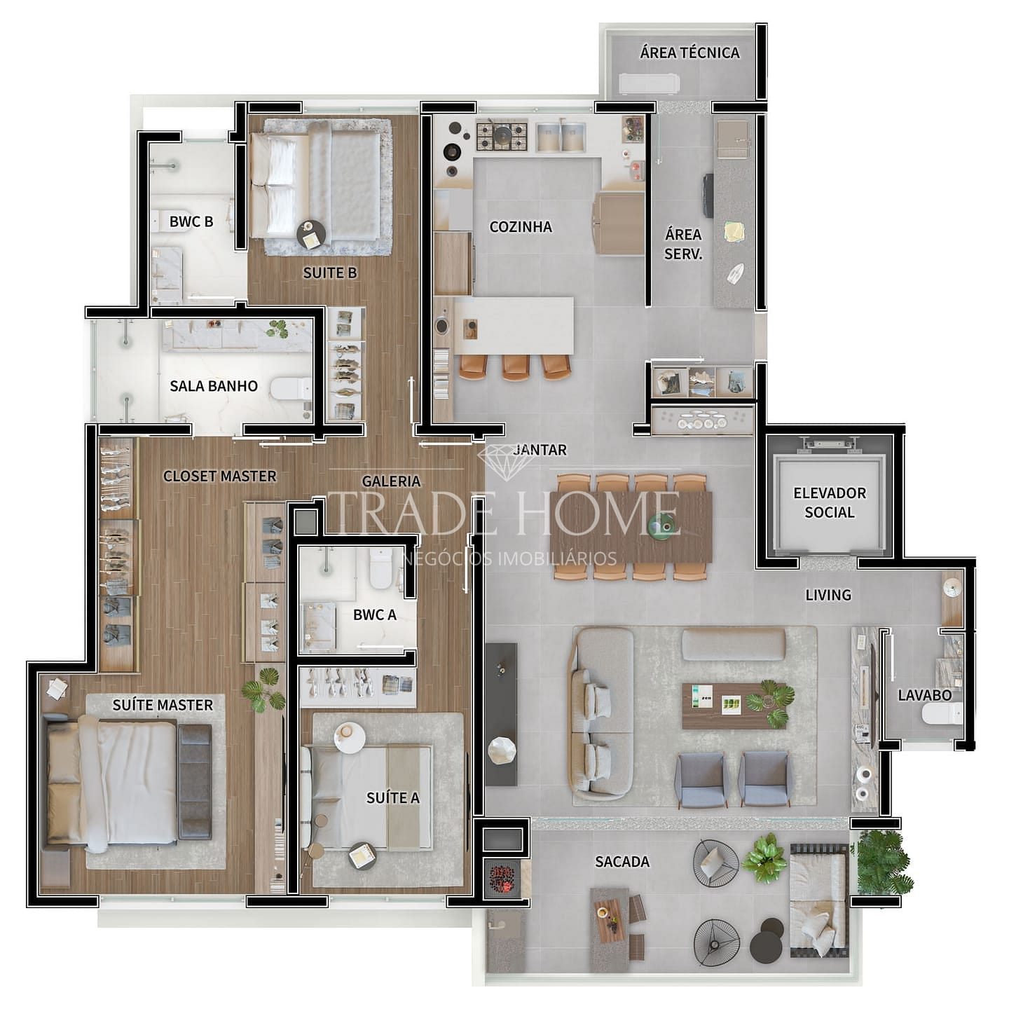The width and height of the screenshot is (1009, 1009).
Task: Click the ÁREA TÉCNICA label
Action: (689, 53)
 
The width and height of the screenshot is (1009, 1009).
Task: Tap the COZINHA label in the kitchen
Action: (521, 227)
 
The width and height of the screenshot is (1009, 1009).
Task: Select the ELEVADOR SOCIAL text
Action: (830, 502)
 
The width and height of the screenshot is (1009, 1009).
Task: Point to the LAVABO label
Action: (924, 695)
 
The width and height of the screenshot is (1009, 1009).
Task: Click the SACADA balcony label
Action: (622, 861)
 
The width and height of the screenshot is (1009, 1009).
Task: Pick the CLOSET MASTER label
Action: (219, 476)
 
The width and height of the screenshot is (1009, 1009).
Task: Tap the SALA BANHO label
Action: (214, 386)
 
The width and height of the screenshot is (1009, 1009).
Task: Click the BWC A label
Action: (374, 615)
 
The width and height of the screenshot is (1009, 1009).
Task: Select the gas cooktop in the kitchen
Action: (502, 135)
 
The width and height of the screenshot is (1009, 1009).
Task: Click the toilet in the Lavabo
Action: (942, 714)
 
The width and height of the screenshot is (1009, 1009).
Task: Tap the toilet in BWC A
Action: (380, 567)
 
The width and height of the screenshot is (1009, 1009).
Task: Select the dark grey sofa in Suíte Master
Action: (195, 782)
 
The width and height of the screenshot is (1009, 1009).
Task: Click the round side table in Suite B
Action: (311, 234)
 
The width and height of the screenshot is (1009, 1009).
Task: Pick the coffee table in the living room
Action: (734, 706)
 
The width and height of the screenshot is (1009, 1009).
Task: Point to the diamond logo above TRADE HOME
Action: (498, 461)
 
